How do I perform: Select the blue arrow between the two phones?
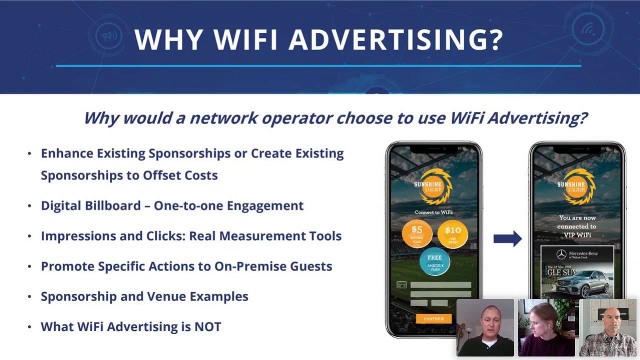507,238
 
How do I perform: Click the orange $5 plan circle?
417,233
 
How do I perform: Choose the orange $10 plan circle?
452,233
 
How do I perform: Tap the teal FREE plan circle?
434,261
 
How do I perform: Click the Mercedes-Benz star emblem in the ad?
561,255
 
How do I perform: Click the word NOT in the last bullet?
208,326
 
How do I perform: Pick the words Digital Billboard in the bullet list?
90,205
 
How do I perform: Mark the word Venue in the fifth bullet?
178,296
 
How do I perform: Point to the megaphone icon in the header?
109,35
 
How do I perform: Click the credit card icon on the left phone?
401,285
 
